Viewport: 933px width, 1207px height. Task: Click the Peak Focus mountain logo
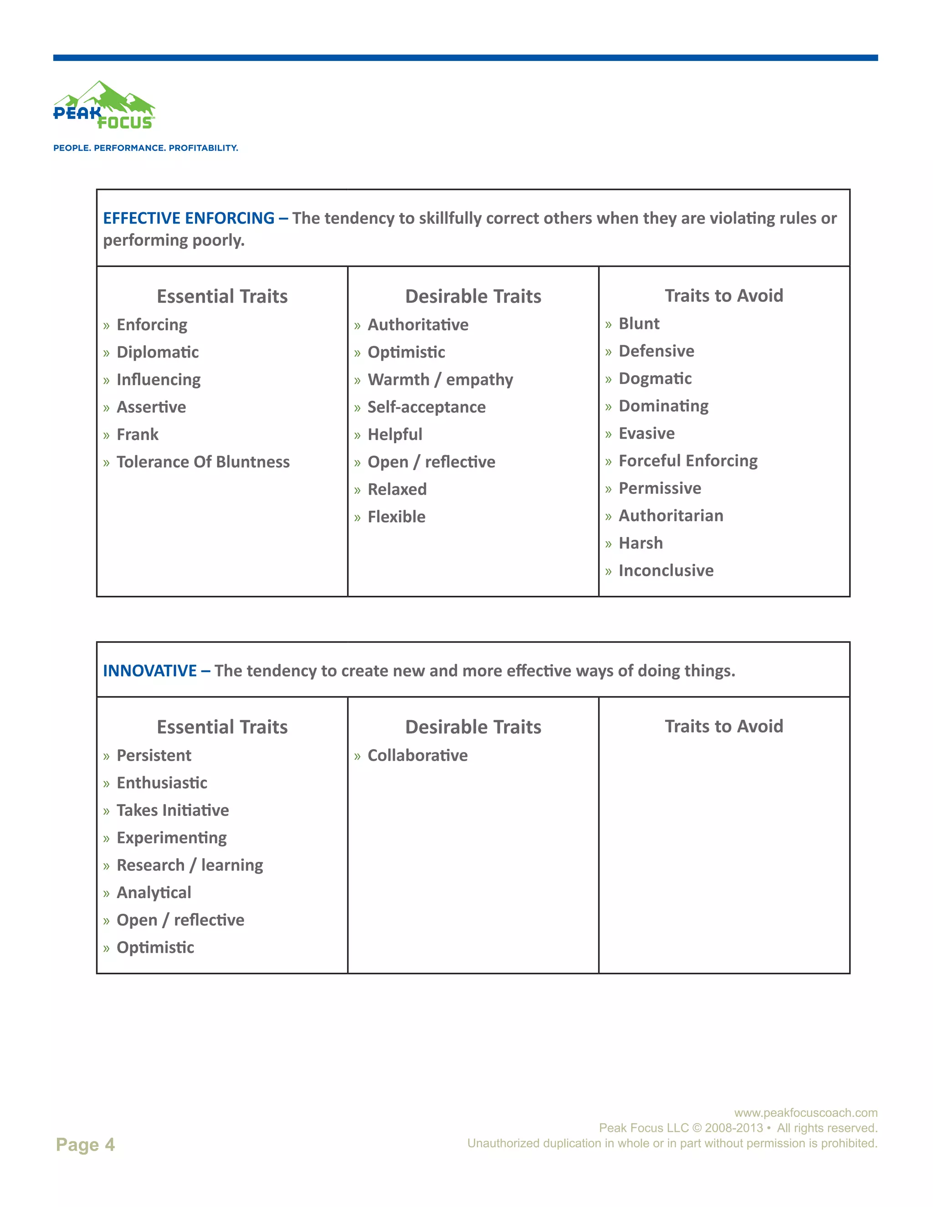tap(104, 106)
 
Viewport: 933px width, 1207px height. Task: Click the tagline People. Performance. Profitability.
tap(145, 148)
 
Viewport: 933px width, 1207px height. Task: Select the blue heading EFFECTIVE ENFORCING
tap(189, 218)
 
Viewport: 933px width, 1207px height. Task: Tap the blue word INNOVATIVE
tap(150, 671)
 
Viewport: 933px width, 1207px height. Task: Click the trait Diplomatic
tap(158, 353)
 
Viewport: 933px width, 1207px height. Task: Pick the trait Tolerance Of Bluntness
tap(203, 462)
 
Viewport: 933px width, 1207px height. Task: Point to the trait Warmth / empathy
tap(440, 380)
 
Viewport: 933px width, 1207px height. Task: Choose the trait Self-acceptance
tap(426, 407)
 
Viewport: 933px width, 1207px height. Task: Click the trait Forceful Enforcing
tap(687, 461)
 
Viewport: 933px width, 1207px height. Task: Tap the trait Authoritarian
tap(671, 516)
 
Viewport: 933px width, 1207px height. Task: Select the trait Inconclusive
tap(666, 571)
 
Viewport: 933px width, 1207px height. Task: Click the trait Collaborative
tap(417, 756)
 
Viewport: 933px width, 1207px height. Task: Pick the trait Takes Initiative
tap(173, 810)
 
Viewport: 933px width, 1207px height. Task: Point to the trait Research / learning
tap(190, 865)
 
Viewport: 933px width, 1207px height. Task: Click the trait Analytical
tap(154, 893)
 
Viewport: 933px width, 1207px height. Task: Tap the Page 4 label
tap(85, 1144)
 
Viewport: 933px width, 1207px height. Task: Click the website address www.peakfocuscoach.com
tap(805, 1113)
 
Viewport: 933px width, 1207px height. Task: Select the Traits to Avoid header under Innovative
tap(723, 726)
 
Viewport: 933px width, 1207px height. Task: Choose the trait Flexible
tap(396, 517)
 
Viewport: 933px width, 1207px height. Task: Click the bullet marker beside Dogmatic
tap(608, 380)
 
